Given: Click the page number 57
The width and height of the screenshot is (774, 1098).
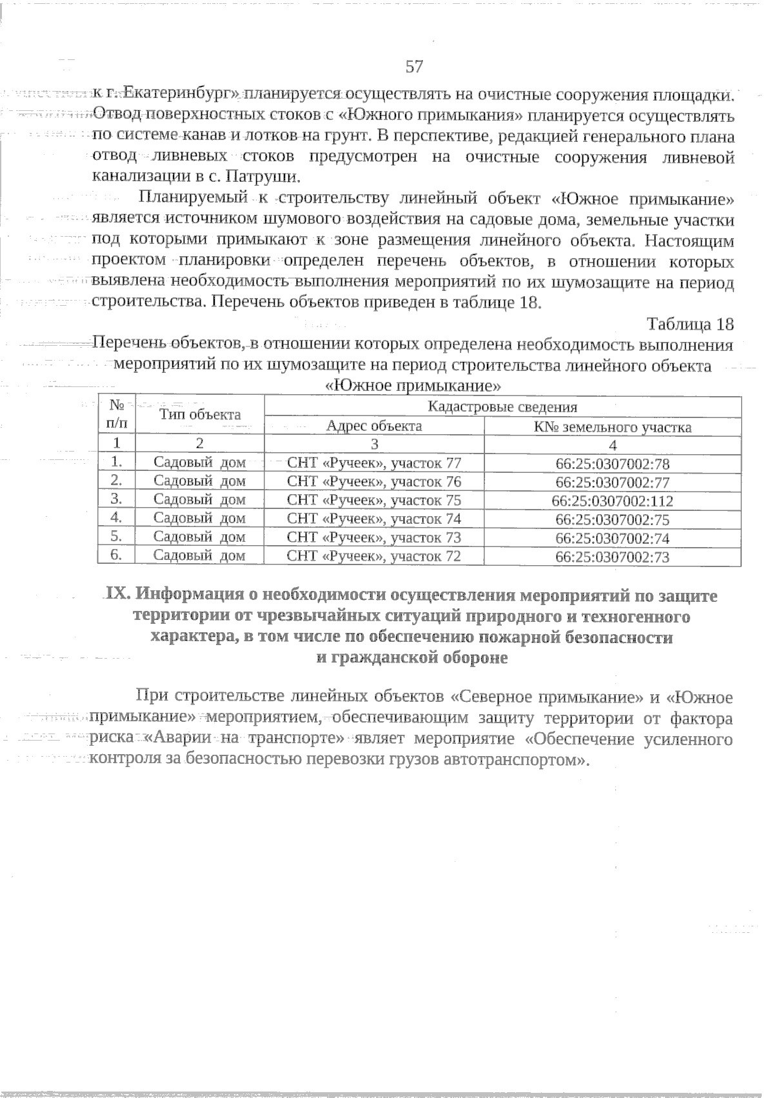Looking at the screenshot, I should [414, 66].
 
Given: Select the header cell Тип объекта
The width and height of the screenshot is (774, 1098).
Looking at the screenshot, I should [200, 415].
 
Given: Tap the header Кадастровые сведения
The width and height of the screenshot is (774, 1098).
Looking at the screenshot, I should [502, 406].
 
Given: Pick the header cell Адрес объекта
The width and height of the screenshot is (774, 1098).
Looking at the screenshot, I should [374, 426].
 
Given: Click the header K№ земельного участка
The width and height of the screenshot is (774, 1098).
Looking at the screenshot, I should [612, 427].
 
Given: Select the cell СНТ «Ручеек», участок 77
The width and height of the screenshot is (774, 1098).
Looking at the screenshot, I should [374, 463].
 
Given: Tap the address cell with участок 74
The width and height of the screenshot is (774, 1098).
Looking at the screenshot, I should [374, 519].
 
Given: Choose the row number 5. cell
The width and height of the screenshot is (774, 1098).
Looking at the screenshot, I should [117, 536].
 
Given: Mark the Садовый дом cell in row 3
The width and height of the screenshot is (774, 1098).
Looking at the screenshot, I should [200, 500].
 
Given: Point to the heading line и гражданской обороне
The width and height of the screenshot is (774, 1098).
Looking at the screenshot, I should [413, 658].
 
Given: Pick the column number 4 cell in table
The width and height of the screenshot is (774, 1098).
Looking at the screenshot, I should [612, 444].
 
